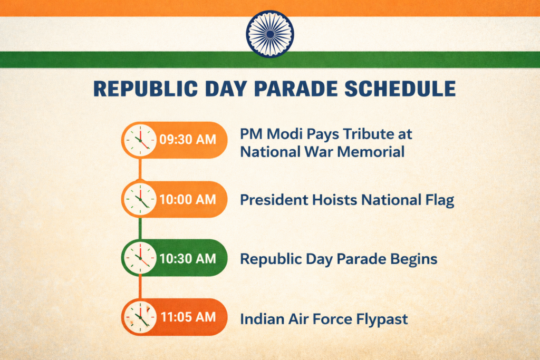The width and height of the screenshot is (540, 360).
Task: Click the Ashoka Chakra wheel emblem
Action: [x=270, y=34]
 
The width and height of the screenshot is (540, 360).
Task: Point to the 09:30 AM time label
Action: [x=188, y=140]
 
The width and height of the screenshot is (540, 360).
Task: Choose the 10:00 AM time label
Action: [x=188, y=200]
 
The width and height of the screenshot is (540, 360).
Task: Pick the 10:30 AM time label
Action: [x=188, y=259]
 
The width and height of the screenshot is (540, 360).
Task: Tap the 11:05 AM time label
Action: [x=188, y=317]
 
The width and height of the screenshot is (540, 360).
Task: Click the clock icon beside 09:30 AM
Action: [x=140, y=140]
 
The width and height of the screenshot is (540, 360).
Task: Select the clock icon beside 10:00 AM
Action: [x=140, y=200]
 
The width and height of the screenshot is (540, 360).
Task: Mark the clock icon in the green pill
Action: [x=140, y=258]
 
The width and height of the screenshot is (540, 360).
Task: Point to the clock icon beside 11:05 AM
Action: [x=140, y=317]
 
